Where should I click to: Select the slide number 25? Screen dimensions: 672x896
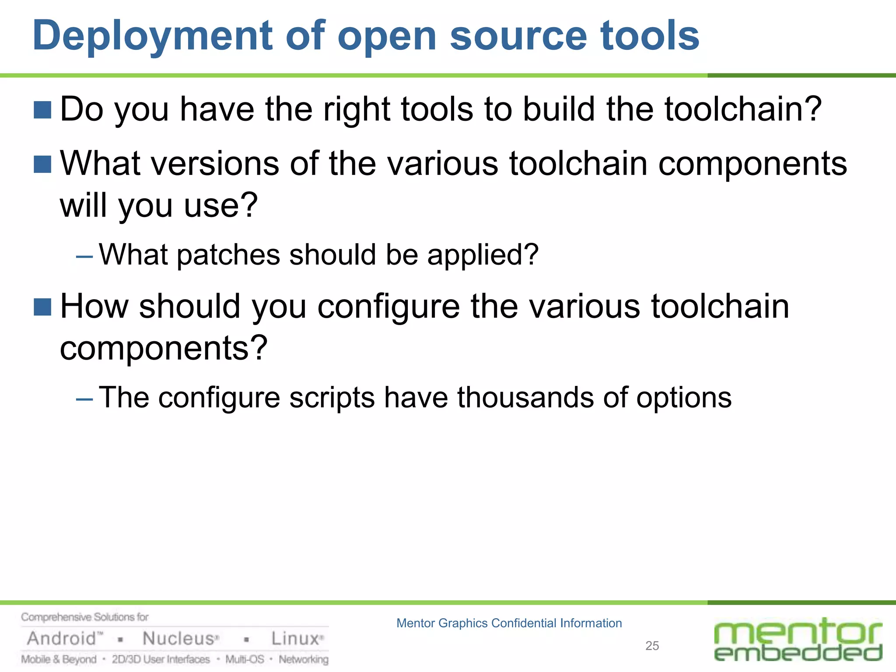click(652, 646)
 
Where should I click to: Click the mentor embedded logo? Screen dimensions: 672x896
click(798, 640)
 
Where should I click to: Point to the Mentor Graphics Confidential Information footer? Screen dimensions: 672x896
click(509, 623)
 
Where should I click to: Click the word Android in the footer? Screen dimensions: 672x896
click(62, 639)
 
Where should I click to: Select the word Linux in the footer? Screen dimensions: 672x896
click(295, 639)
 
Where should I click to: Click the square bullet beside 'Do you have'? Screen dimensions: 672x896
click(42, 110)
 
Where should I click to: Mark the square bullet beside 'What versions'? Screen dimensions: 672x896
click(42, 164)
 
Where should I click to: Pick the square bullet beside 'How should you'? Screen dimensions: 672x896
click(42, 307)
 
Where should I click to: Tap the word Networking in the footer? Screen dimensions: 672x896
click(304, 659)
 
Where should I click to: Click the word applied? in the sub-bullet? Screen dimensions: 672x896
click(483, 255)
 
